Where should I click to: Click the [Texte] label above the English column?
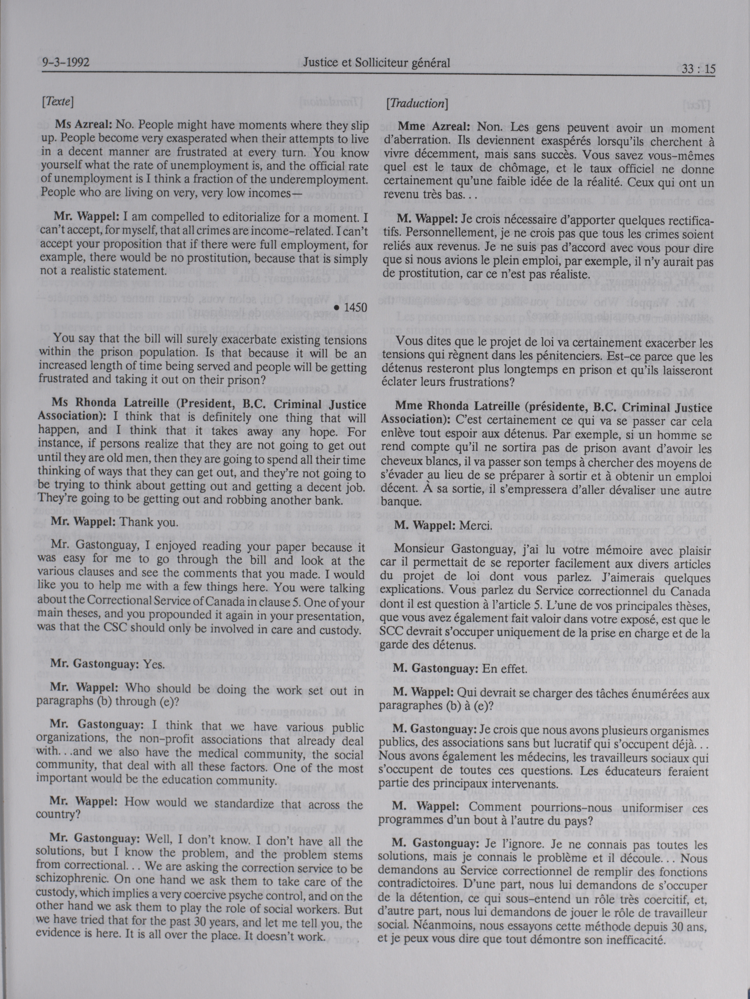click(x=57, y=101)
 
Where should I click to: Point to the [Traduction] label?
click(x=416, y=103)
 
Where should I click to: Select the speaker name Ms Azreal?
click(x=84, y=125)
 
